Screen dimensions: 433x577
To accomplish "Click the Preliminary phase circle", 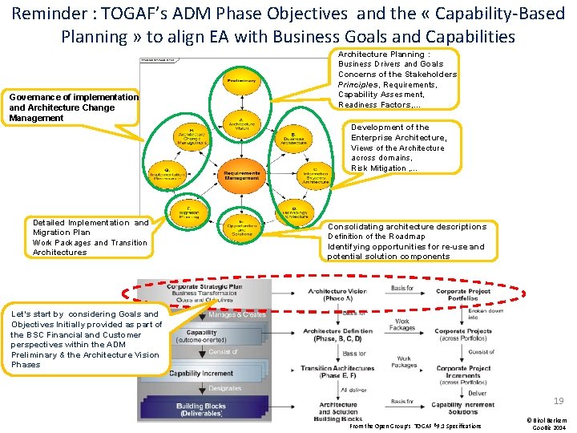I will [x=241, y=81].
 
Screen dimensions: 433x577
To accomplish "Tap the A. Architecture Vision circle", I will [x=241, y=123].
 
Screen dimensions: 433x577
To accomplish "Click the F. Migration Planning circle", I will [x=190, y=212].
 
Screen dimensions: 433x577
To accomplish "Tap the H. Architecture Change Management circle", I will [x=190, y=137].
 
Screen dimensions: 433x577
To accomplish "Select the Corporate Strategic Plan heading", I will [x=204, y=285].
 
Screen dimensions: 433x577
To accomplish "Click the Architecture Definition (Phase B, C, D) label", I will [x=337, y=334].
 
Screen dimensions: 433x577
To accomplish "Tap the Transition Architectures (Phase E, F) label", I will [x=337, y=372].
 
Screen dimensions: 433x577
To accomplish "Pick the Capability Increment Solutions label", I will [x=464, y=408].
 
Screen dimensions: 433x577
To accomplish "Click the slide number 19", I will [x=558, y=401].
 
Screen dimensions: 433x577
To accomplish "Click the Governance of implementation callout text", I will [x=73, y=107].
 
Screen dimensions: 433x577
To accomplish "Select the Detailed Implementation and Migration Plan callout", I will [x=90, y=237].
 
